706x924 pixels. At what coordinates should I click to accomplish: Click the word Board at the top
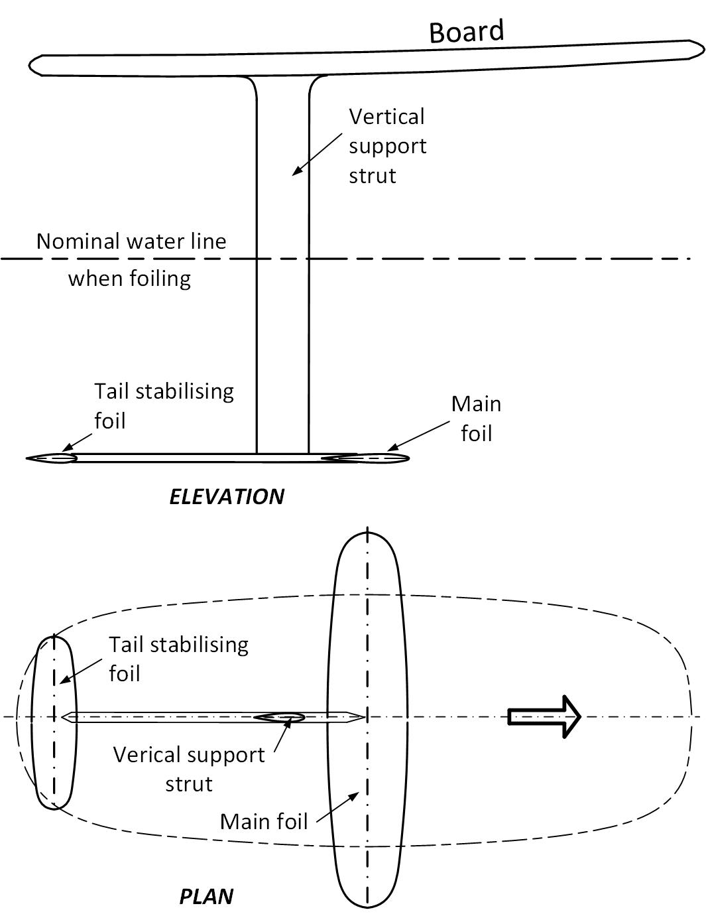[x=466, y=31]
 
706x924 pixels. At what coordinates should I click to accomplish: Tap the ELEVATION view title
[x=227, y=496]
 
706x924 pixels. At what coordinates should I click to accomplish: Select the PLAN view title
[x=206, y=896]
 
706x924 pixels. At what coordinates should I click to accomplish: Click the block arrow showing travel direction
[x=544, y=716]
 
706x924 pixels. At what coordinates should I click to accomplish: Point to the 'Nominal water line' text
[x=131, y=241]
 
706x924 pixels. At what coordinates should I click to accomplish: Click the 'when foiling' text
[x=129, y=278]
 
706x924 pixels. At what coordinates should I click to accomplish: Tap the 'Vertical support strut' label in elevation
[x=387, y=146]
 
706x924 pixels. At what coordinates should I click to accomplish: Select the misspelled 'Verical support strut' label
[x=189, y=769]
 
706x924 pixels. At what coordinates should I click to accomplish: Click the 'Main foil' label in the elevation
[x=476, y=418]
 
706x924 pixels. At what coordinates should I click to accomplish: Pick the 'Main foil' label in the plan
[x=264, y=821]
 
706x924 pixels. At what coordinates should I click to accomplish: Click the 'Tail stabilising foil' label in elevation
[x=164, y=405]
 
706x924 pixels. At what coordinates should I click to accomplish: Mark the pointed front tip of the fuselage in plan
[x=362, y=717]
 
